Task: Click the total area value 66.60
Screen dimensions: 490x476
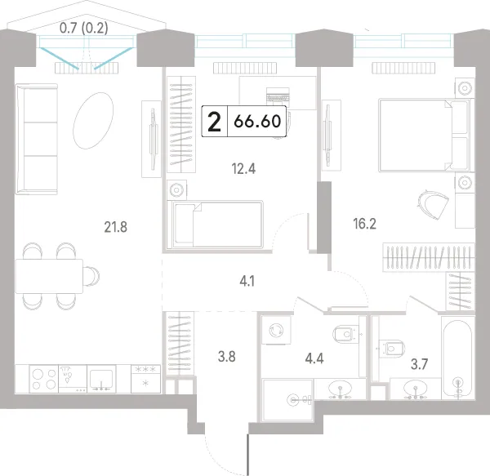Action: pos(257,121)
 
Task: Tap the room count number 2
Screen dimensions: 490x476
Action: pos(214,122)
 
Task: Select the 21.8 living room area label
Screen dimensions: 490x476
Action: pos(116,227)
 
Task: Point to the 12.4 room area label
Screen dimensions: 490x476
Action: pos(243,169)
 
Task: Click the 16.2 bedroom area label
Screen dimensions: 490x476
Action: pos(364,224)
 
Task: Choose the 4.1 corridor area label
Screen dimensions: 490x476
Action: pos(247,282)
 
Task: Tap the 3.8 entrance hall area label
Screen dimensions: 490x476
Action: pos(226,356)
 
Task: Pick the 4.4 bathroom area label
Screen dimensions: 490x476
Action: pos(314,358)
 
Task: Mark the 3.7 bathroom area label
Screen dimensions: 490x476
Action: pos(419,364)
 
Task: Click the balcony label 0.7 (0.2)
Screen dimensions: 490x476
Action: pos(84,29)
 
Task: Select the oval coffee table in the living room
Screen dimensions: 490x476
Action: pos(93,121)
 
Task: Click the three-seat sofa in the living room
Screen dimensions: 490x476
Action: pos(37,139)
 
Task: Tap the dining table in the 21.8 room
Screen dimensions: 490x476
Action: pos(49,276)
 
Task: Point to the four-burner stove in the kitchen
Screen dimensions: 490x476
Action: pos(44,379)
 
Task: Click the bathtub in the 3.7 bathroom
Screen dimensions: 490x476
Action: pos(458,358)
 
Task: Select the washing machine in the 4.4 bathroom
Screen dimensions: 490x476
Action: pos(276,330)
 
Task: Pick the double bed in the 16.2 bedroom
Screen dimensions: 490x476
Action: pos(425,136)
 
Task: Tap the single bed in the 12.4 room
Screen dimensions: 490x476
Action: pos(215,225)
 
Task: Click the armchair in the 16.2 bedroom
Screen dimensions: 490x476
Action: pos(433,205)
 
